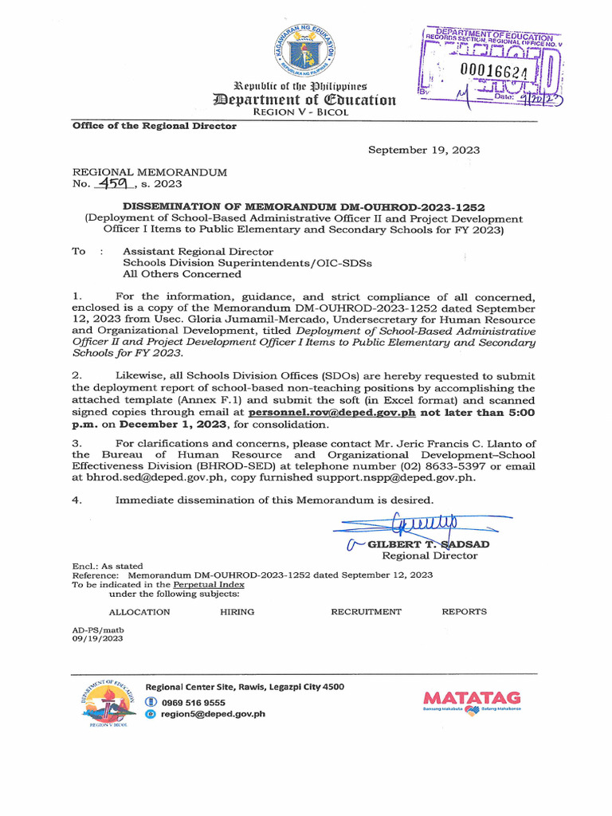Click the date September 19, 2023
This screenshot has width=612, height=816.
coord(423,150)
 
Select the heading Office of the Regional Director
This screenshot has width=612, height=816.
coord(154,126)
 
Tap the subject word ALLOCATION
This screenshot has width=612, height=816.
coord(139,612)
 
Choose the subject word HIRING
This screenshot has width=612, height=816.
coord(237,612)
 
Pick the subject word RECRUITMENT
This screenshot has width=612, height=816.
coord(366,612)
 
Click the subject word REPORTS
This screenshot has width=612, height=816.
coord(464,612)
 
